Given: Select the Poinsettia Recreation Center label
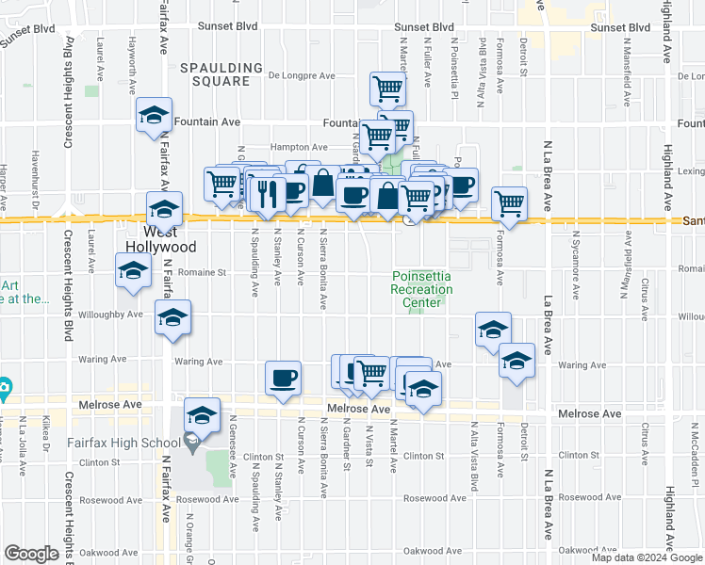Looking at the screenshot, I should [421, 289].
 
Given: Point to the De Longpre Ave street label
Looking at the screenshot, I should [302, 76].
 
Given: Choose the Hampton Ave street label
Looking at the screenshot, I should [298, 147].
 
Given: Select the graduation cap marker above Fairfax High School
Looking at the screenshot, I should [202, 413].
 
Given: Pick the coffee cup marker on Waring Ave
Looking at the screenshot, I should [283, 379].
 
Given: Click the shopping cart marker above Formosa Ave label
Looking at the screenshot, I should [509, 202].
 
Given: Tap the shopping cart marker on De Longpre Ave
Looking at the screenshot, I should [387, 89].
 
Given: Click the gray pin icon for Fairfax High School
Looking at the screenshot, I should [191, 440].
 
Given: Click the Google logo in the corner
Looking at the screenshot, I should [32, 554].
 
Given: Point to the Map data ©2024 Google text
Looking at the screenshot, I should [647, 557].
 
